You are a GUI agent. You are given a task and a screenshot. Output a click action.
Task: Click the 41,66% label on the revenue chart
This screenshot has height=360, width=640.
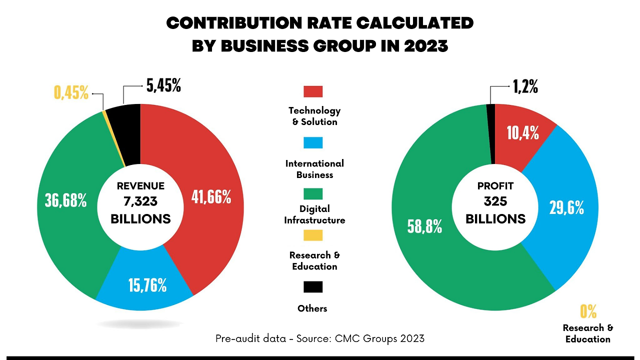[211, 197]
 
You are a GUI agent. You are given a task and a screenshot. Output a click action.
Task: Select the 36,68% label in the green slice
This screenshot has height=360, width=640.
[65, 200]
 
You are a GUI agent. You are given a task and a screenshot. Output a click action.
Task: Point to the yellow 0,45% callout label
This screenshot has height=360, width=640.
[71, 92]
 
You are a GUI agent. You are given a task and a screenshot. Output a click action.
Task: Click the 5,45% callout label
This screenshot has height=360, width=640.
[163, 86]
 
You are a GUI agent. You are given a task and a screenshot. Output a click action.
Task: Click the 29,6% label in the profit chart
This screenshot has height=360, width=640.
[566, 207]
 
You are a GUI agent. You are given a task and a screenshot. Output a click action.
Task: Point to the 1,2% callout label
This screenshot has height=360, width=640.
[525, 87]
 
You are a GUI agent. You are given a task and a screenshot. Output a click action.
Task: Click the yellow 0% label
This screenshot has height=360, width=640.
[588, 312]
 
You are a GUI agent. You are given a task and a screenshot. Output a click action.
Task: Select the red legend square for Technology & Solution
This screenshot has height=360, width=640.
[313, 91]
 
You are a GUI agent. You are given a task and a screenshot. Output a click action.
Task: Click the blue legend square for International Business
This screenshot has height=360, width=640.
[313, 143]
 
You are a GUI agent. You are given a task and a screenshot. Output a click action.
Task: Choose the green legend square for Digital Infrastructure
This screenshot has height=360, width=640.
[313, 193]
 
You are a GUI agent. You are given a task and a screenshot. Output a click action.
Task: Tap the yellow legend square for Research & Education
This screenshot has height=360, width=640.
[313, 235]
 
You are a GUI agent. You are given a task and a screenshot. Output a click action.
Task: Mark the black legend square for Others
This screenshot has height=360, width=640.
[313, 287]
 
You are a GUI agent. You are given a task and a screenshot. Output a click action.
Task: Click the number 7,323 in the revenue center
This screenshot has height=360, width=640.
[140, 202]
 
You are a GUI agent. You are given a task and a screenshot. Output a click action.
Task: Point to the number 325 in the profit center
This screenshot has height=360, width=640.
[495, 202]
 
